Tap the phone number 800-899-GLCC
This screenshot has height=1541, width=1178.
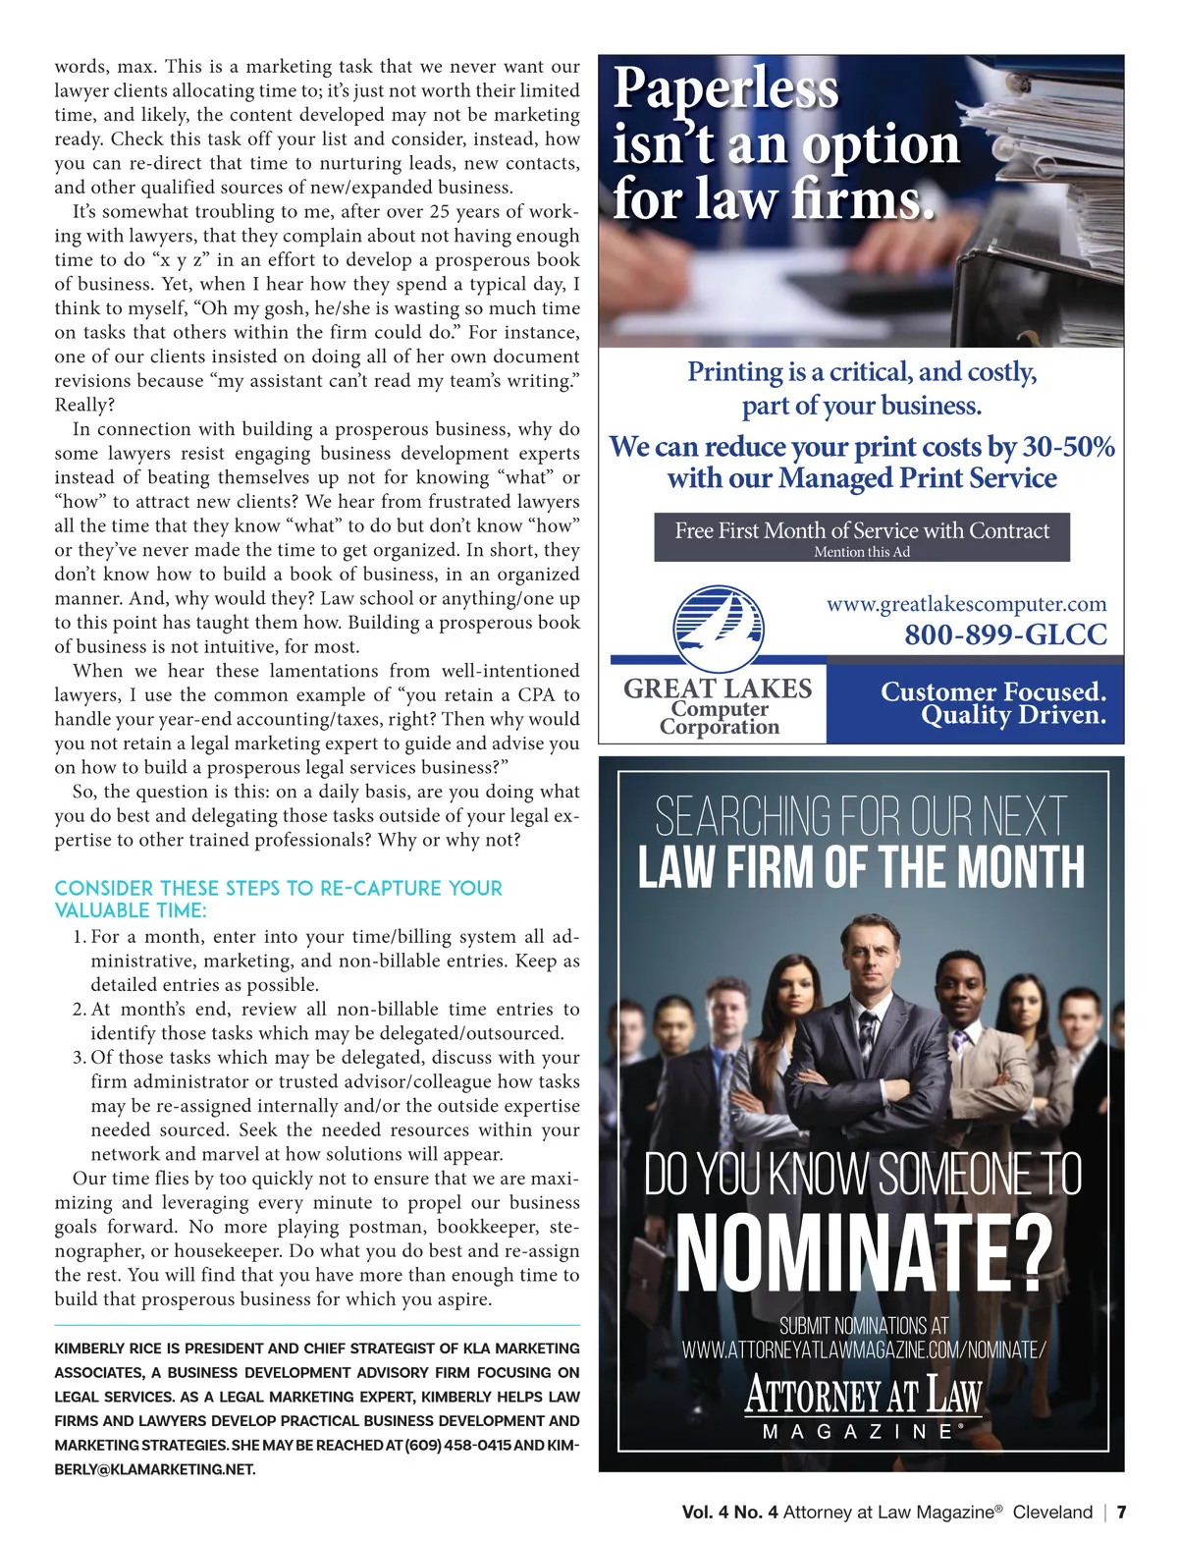1005,634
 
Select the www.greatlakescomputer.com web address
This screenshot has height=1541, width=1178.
966,603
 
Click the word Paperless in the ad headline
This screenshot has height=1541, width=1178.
725,88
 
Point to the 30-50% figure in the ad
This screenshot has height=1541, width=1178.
1068,447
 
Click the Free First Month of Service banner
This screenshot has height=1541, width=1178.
862,531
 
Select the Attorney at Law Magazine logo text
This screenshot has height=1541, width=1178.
863,1395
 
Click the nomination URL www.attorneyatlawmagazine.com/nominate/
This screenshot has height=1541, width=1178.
864,1349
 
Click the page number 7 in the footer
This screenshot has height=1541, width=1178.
1121,1512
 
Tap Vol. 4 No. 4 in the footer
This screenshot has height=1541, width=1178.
729,1512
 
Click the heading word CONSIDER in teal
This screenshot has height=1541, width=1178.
103,888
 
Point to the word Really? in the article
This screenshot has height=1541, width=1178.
84,405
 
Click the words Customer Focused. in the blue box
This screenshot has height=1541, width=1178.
992,691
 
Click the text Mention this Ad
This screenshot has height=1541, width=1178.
862,552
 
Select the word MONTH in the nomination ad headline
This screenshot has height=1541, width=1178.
1021,867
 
